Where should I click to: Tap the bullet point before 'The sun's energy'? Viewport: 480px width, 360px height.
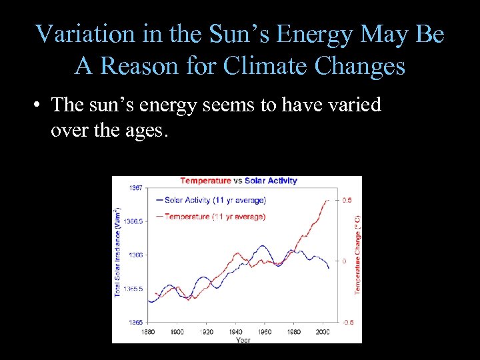click(x=40, y=105)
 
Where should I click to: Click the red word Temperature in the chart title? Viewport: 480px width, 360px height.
click(x=205, y=181)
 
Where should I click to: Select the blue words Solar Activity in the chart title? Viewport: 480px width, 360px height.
click(x=271, y=181)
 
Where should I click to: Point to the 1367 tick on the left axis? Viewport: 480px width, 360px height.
click(x=135, y=188)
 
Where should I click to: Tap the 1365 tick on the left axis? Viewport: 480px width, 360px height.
click(x=135, y=323)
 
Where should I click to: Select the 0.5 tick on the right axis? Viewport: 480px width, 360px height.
click(x=347, y=200)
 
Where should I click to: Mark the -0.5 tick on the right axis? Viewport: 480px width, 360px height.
click(x=347, y=323)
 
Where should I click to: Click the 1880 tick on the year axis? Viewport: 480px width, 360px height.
click(x=148, y=332)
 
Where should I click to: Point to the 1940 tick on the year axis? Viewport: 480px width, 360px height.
click(x=235, y=332)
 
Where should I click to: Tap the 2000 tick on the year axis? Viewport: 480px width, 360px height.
click(x=323, y=332)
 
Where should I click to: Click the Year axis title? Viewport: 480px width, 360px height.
click(x=243, y=339)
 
